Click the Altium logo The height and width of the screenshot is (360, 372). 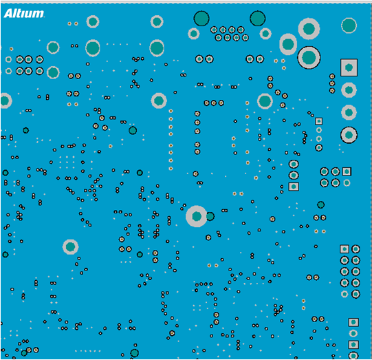pos(24,14)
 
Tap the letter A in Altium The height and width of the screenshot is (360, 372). pos(8,14)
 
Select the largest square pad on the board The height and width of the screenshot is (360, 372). pos(349,67)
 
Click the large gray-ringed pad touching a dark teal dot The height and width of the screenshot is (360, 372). pos(197,216)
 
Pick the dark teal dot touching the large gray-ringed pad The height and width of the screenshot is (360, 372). pos(210,216)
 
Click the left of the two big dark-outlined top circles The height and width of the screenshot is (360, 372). pos(201,19)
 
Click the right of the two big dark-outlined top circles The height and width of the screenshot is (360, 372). pos(258,19)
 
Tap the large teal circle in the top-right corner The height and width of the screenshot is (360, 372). pos(349,25)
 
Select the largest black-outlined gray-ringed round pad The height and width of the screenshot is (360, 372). pos(309,58)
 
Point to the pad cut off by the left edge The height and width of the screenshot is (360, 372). pos(5,100)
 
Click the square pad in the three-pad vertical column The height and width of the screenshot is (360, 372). pos(294,187)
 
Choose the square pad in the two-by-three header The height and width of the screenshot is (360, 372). pos(347,171)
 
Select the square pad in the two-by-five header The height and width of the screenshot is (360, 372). pos(344,249)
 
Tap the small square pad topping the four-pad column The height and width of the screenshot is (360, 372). pos(318,121)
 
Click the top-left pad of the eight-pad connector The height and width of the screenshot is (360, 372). pos(214,30)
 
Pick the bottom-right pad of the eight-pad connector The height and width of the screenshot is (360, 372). pos(245,38)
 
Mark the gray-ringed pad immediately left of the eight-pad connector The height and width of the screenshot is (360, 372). pos(194,34)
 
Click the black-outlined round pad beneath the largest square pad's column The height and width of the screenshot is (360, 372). pos(349,135)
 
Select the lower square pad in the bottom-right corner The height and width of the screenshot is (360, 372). pos(353,345)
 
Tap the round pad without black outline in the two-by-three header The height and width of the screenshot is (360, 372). pos(347,183)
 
